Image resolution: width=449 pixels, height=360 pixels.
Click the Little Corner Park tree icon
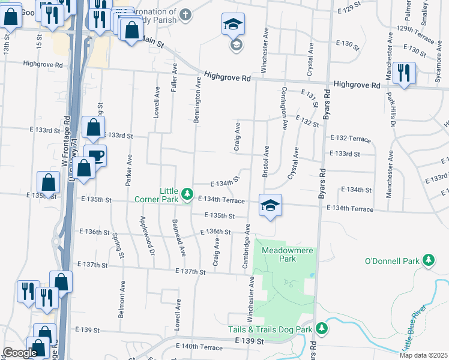point(188,193)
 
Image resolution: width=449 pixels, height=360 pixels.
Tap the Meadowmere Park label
point(279,254)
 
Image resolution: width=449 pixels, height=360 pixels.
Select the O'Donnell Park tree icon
point(429,260)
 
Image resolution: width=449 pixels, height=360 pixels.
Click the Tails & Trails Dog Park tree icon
point(322,329)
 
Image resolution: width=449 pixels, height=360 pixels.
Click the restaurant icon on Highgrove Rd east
point(403,73)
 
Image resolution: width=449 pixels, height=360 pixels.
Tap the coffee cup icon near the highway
point(95,155)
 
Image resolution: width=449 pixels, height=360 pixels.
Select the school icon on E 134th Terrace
point(270,205)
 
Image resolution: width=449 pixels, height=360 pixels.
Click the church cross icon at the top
point(186,14)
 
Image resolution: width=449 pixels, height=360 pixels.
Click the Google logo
point(19,353)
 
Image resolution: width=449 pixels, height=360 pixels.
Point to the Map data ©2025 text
point(423,355)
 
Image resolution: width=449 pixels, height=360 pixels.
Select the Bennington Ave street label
point(196,100)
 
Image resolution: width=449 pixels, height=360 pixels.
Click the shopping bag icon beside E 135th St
point(48,182)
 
